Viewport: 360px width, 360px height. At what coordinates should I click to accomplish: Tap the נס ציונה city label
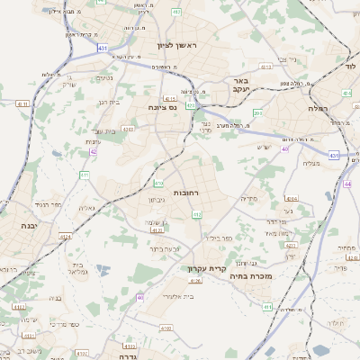(x=168, y=106)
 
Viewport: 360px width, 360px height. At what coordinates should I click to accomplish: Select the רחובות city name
(x=187, y=193)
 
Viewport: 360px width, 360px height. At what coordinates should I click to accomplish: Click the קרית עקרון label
(x=203, y=268)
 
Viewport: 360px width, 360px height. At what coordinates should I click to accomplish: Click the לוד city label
(x=350, y=66)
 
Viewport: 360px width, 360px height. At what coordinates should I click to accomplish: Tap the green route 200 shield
(x=257, y=112)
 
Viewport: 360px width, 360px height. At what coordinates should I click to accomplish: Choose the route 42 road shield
(x=94, y=152)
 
